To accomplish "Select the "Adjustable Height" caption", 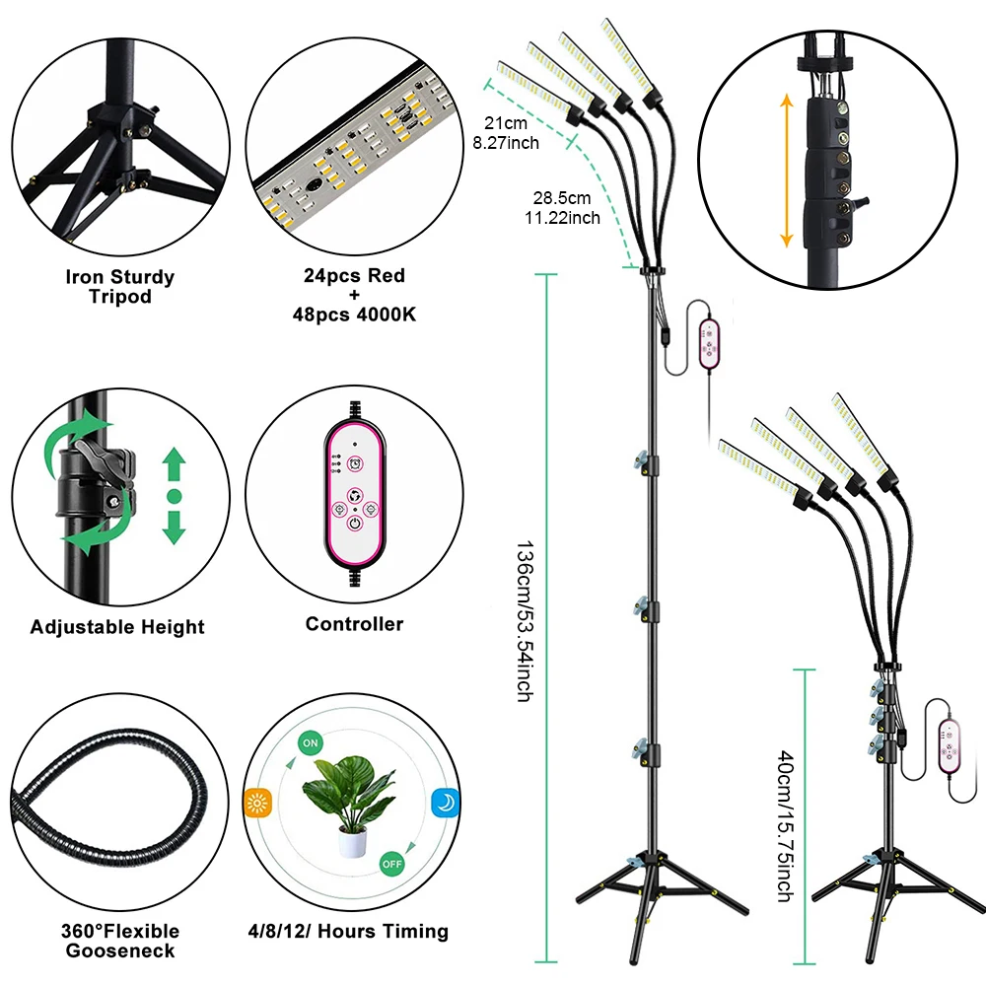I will pyautogui.click(x=117, y=627).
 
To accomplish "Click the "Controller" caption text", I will pyautogui.click(x=354, y=624).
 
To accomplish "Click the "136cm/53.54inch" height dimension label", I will pyautogui.click(x=523, y=621).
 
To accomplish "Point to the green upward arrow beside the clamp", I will pyautogui.click(x=175, y=460).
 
